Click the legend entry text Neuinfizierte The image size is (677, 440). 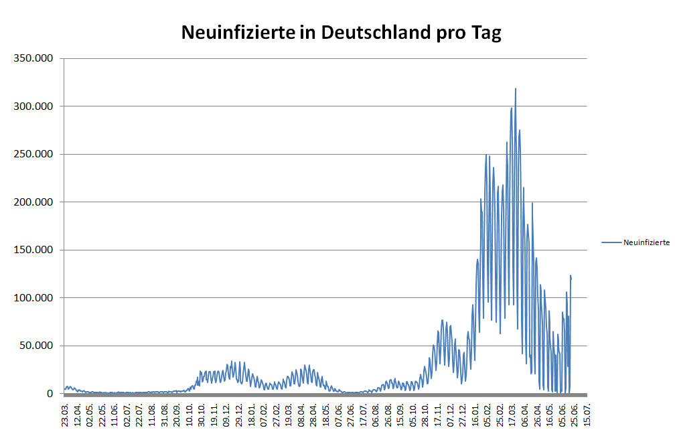(646, 242)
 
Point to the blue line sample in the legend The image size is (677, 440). (611, 242)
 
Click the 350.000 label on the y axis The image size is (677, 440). (33, 58)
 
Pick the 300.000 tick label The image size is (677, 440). (33, 106)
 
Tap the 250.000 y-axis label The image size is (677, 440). (33, 154)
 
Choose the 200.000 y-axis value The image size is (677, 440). (33, 202)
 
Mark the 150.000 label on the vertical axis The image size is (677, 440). (33, 250)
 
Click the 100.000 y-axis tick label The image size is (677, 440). (33, 297)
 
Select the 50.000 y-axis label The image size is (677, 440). (36, 346)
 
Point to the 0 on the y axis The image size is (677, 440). (50, 394)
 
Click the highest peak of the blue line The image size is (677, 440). (515, 88)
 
